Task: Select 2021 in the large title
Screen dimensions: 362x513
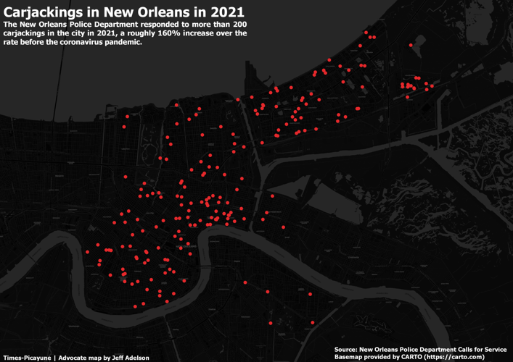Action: [222, 12]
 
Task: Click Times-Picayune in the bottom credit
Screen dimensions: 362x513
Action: [26, 358]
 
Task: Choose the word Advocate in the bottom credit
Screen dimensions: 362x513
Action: [73, 358]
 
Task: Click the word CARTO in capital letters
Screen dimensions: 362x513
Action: [411, 357]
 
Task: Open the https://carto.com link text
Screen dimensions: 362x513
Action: [464, 357]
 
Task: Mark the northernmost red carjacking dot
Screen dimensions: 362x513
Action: [366, 32]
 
